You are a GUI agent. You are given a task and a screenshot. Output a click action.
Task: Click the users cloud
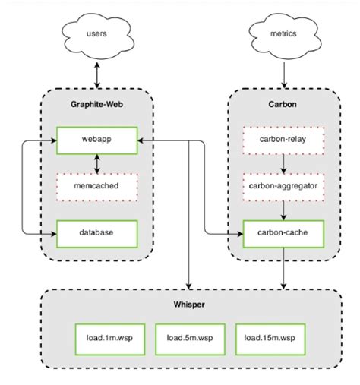click(96, 35)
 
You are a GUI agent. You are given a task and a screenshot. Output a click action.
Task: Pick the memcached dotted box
click(96, 186)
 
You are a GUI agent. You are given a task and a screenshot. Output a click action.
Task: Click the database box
click(96, 232)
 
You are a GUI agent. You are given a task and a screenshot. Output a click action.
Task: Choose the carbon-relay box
click(283, 140)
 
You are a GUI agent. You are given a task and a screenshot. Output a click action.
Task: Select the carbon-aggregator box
click(283, 186)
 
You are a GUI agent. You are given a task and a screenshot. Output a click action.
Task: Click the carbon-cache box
click(283, 232)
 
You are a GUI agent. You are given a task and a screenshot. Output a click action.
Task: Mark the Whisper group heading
click(189, 305)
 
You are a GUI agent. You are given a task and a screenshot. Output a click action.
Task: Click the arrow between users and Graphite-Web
click(96, 73)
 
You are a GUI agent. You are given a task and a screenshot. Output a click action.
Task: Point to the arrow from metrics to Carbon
click(283, 73)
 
